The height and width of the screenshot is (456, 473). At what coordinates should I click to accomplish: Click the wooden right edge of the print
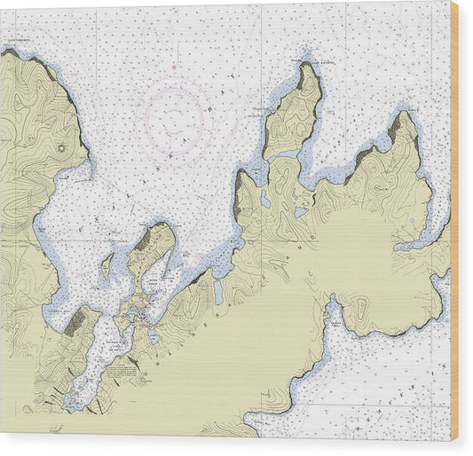(x=454, y=222)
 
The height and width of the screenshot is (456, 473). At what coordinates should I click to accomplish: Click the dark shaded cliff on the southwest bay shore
(x=75, y=320)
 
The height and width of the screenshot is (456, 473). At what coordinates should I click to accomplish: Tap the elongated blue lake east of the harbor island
(x=218, y=291)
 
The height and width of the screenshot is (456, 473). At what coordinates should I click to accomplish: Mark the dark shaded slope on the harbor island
(x=142, y=240)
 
